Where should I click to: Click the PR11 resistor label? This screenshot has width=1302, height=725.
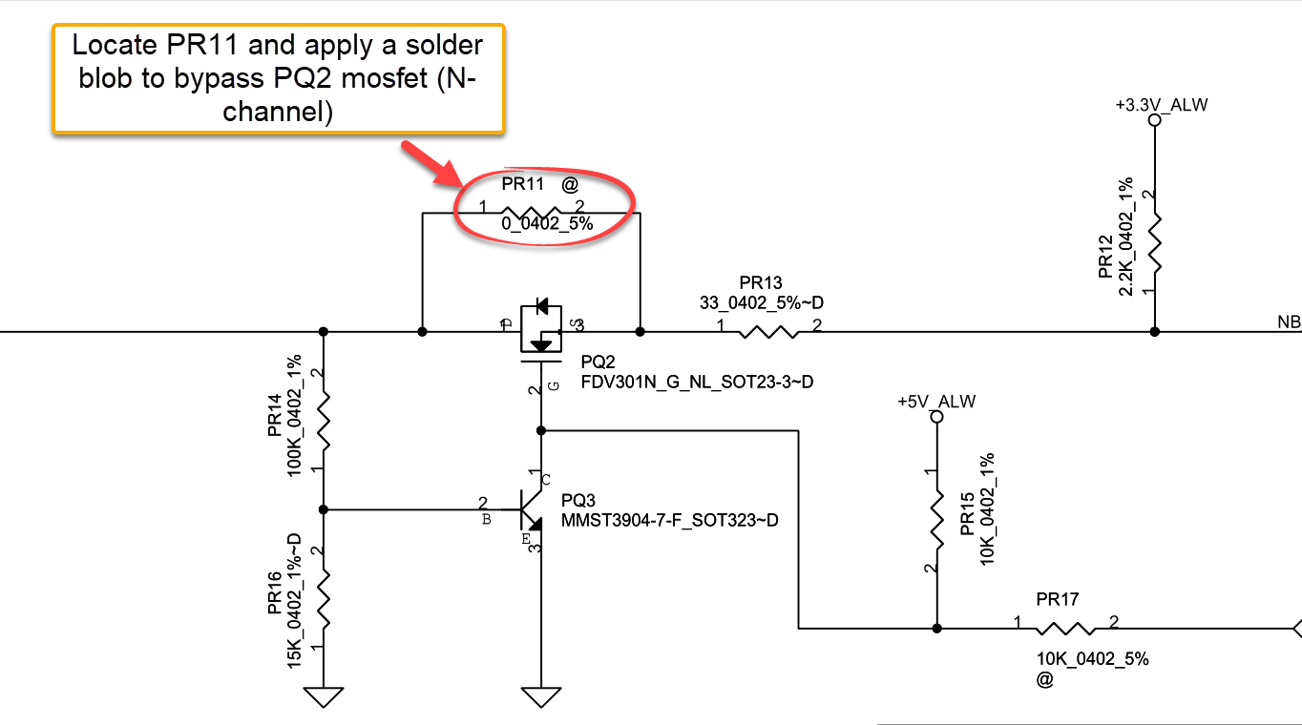coord(522,185)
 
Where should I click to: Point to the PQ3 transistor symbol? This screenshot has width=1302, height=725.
coord(531,508)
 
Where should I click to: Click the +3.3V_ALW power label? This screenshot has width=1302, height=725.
coord(1161,105)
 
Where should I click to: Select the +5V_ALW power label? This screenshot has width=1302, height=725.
coord(936,402)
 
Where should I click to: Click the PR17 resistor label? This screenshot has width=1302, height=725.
coord(1057,600)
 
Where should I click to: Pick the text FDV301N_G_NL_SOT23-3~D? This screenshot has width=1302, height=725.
coord(697,383)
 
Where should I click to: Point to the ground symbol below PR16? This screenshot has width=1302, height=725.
coord(325,697)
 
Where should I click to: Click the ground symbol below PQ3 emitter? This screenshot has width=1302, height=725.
coord(541,697)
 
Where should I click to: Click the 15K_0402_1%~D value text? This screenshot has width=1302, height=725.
coord(295,601)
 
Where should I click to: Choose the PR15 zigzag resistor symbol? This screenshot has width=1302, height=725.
coord(936,522)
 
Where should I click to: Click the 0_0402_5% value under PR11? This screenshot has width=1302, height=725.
coord(547,224)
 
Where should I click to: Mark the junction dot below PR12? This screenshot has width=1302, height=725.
coord(1154,332)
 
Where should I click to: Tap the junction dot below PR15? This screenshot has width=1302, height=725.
coord(936,629)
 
